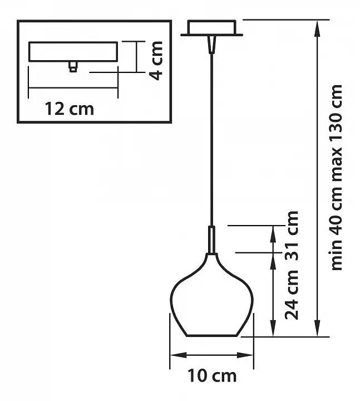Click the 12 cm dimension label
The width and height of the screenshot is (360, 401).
(x=70, y=109)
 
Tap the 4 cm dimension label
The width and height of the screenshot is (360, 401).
(x=156, y=61)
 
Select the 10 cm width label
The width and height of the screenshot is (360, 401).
(x=212, y=376)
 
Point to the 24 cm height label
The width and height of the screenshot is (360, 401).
(x=292, y=295)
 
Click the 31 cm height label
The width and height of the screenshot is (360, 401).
(x=292, y=236)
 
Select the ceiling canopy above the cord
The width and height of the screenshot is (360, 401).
(x=212, y=28)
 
